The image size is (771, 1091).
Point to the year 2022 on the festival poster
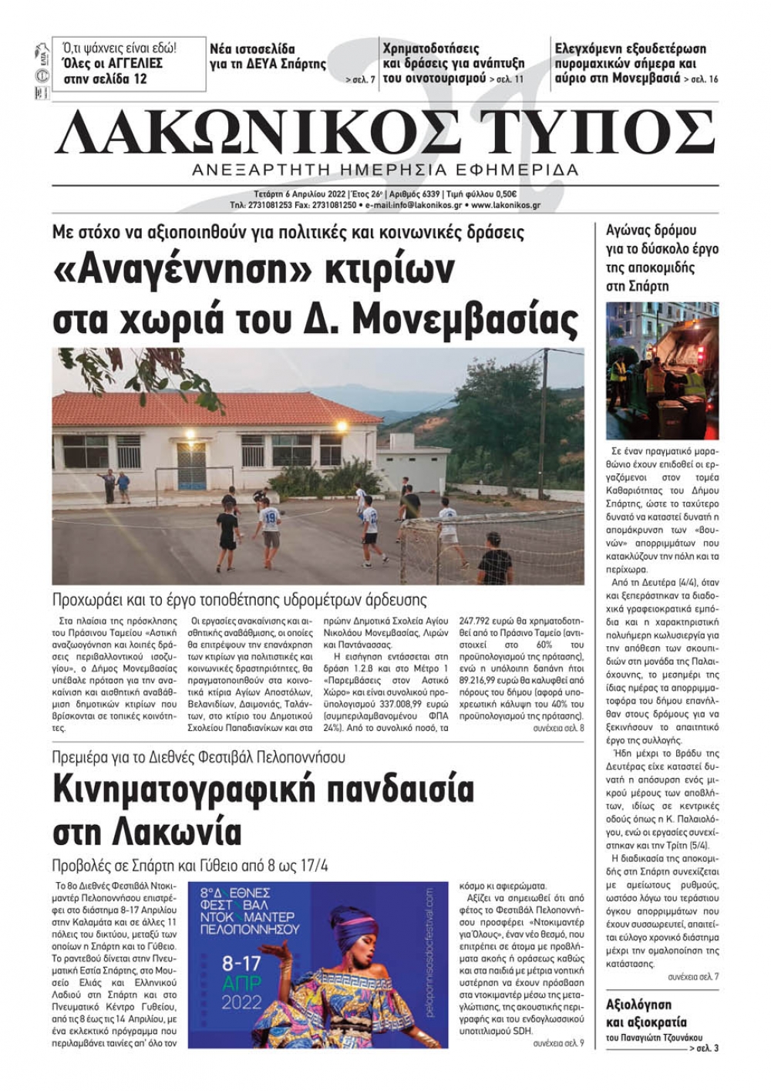pyautogui.click(x=242, y=1004)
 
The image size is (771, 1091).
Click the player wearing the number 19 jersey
pyautogui.click(x=269, y=524)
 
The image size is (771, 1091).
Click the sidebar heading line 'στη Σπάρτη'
pyautogui.click(x=638, y=286)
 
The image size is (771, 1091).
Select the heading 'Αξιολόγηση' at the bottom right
pyautogui.click(x=639, y=1004)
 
